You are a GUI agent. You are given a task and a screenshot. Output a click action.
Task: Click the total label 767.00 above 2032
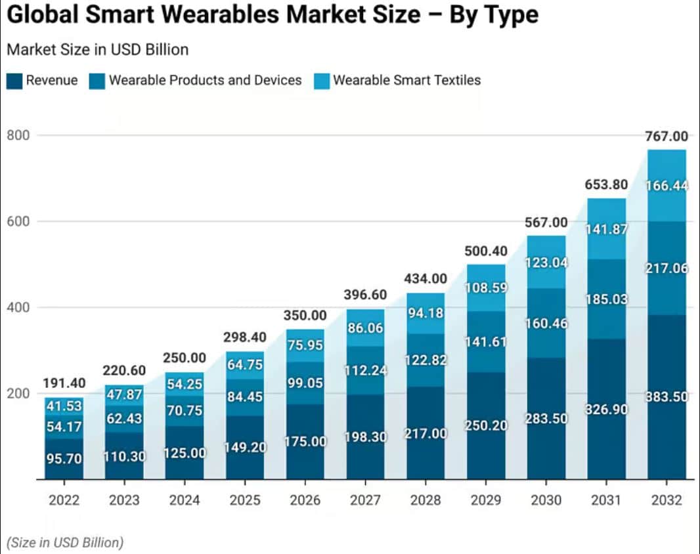[667, 137]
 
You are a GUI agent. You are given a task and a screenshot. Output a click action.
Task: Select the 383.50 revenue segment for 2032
[667, 397]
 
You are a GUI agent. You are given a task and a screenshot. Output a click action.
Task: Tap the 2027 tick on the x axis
[365, 500]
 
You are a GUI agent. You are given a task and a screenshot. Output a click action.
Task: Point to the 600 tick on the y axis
[20, 221]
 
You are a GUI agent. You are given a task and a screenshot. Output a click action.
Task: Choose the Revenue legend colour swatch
[14, 81]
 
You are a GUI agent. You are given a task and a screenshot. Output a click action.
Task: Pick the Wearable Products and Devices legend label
[205, 81]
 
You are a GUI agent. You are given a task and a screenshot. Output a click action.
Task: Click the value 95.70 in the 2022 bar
[64, 459]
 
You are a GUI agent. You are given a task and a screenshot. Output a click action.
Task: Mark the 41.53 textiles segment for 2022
[64, 406]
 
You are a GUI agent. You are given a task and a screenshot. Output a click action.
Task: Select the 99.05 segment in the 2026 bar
[305, 383]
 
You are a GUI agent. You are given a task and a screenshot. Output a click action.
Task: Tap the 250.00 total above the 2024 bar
[185, 358]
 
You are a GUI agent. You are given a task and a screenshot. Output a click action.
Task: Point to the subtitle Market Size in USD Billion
[97, 49]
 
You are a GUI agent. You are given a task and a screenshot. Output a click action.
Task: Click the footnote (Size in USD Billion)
[64, 542]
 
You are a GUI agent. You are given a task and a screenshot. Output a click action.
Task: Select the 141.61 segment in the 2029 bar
[486, 342]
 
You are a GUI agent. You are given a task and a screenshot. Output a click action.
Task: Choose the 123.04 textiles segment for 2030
[546, 262]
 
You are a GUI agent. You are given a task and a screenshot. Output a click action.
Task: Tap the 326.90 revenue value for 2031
[606, 410]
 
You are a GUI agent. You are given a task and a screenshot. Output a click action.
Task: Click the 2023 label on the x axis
[124, 500]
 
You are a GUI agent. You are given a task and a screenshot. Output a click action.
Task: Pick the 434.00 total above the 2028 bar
[426, 279]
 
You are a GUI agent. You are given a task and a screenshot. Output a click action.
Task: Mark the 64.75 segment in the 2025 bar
[245, 365]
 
